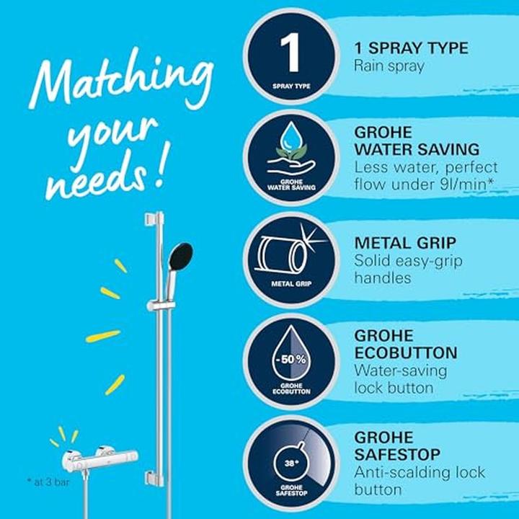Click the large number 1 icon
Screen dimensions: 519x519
(x=291, y=53)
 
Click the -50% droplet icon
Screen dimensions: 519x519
(x=292, y=358)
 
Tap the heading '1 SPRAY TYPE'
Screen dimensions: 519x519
(x=411, y=48)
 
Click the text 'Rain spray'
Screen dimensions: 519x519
(x=389, y=66)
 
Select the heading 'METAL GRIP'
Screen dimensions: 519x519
(x=404, y=243)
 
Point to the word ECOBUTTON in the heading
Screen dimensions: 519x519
(x=406, y=353)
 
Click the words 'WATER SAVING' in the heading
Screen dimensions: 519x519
(x=417, y=149)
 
